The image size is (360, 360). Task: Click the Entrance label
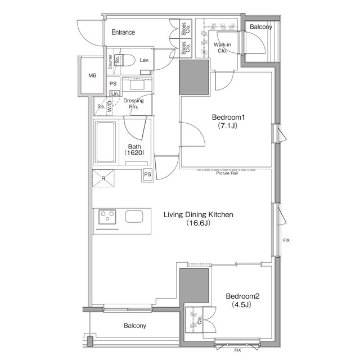click(123, 32)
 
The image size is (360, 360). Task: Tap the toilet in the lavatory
click(125, 60)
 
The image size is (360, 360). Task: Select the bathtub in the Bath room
click(106, 142)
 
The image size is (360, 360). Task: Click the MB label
click(92, 75)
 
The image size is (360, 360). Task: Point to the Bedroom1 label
click(228, 118)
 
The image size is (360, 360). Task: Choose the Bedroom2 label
click(242, 296)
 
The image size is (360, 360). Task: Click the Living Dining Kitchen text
click(199, 214)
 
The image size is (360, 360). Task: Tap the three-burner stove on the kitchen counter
click(107, 217)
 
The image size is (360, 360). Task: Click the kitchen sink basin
click(134, 217)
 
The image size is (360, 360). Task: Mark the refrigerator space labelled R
click(103, 178)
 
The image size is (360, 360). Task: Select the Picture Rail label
click(227, 173)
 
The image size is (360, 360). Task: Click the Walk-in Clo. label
click(222, 47)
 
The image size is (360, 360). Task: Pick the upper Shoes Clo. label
click(186, 29)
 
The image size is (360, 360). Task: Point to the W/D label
click(110, 106)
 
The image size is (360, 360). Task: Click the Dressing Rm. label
click(134, 103)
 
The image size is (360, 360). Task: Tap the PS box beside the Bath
click(147, 174)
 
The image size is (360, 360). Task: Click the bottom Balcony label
click(135, 326)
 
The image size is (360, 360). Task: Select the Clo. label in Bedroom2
click(200, 319)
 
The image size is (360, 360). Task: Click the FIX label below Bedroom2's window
click(237, 350)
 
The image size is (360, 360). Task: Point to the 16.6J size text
click(199, 223)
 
